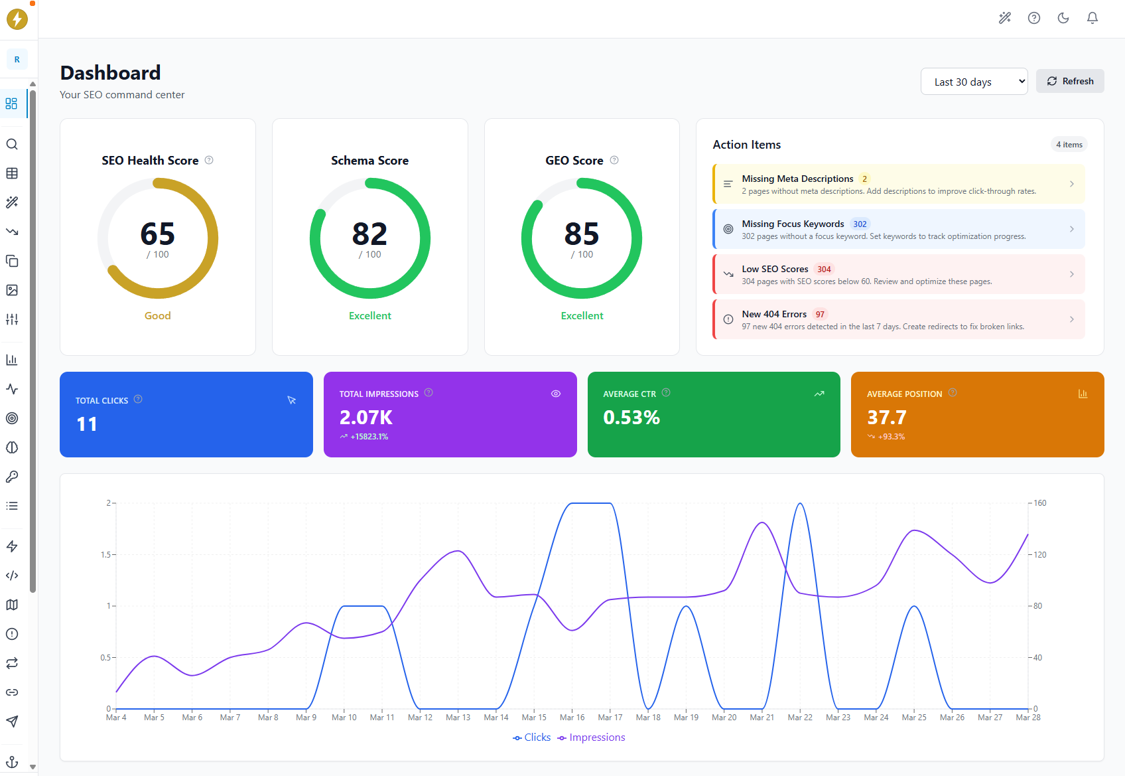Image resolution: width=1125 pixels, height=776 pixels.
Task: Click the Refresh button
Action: pyautogui.click(x=1070, y=81)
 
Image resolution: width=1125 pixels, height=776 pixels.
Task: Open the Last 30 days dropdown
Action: pyautogui.click(x=974, y=82)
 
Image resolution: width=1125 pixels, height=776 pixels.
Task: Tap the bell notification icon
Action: pyautogui.click(x=1092, y=18)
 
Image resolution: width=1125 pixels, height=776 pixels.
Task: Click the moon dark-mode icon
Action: pyautogui.click(x=1063, y=18)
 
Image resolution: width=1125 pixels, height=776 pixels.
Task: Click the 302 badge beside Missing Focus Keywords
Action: pyautogui.click(x=860, y=224)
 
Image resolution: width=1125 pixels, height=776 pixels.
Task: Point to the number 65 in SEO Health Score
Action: pyautogui.click(x=158, y=234)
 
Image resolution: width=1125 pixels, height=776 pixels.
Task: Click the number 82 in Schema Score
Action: pyautogui.click(x=369, y=234)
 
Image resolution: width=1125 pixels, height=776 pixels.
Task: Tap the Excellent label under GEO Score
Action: pyautogui.click(x=582, y=316)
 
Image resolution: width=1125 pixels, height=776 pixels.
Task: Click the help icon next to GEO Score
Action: pyautogui.click(x=614, y=160)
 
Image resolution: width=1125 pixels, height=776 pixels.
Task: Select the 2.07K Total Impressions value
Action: pyautogui.click(x=366, y=418)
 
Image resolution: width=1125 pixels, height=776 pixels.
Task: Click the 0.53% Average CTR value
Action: pyautogui.click(x=631, y=418)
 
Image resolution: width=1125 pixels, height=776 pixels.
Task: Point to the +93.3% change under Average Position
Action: pyautogui.click(x=891, y=437)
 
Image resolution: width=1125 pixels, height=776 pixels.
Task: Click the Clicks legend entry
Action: pyautogui.click(x=532, y=737)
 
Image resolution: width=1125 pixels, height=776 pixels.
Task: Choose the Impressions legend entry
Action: pyautogui.click(x=592, y=737)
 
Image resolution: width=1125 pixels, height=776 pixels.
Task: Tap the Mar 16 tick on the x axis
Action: pyautogui.click(x=572, y=718)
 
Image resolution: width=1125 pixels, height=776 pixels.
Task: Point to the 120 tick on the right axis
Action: pyautogui.click(x=1039, y=555)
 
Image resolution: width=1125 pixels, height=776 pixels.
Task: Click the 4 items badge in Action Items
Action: pyautogui.click(x=1069, y=145)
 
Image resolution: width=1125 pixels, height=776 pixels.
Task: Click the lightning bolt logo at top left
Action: pyautogui.click(x=17, y=19)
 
